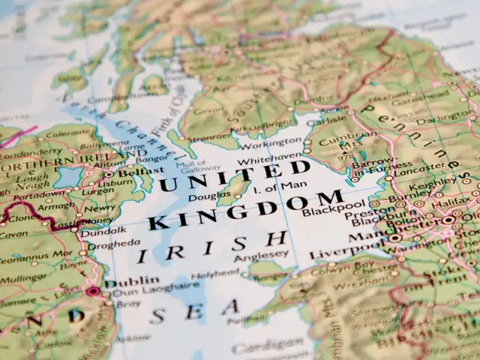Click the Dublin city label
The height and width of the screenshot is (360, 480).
pos(121,284)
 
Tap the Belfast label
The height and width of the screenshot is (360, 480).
pos(131,171)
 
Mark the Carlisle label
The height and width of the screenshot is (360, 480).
pos(330,118)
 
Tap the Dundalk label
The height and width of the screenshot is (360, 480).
pos(104,230)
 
